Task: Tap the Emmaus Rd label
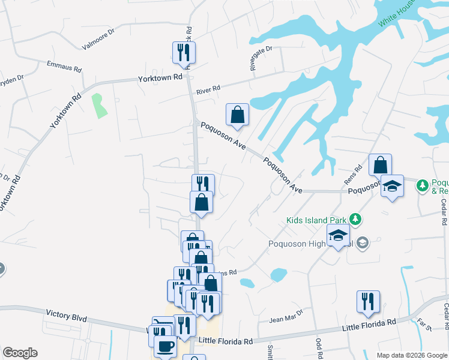click(x=65, y=65)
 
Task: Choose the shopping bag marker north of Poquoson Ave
click(x=237, y=114)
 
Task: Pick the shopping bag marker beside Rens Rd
click(x=380, y=164)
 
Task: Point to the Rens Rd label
click(x=354, y=175)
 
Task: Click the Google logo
click(x=20, y=353)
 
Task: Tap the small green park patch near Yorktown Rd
click(x=98, y=106)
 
